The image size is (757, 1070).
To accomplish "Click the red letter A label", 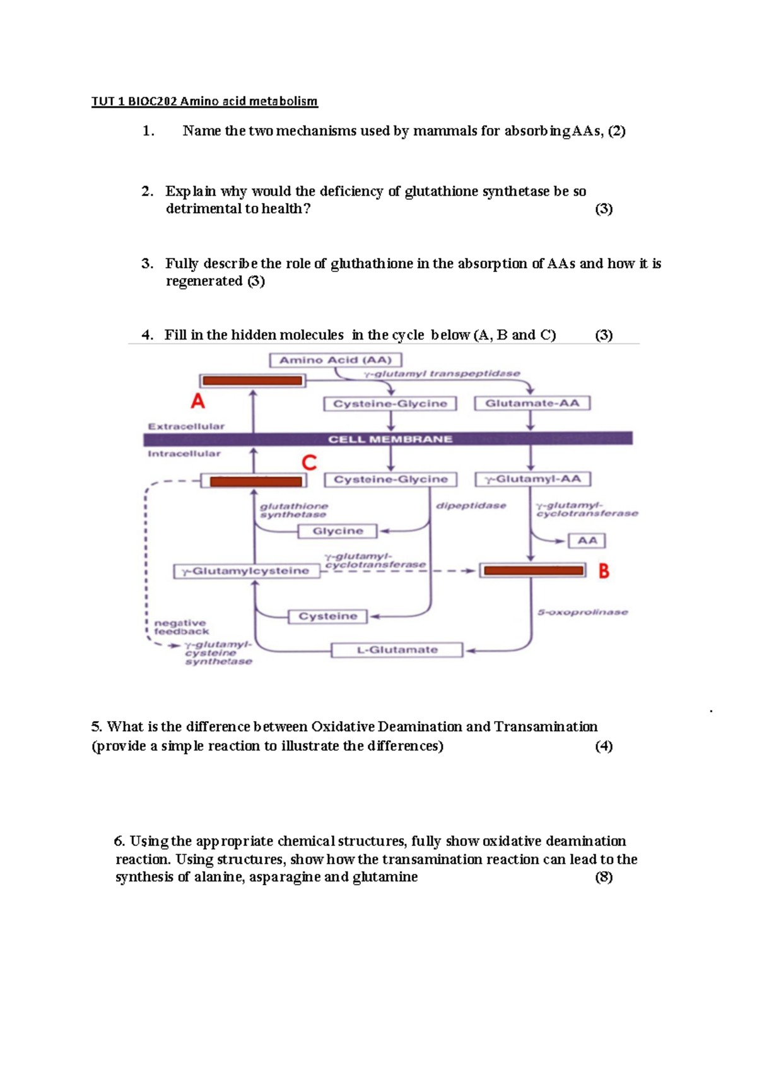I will pos(198,401).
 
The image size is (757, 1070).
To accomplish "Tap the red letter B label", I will pos(604,571).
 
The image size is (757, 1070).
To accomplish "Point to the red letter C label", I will pos(309,463).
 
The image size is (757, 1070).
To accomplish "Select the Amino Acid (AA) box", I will pos(336,360).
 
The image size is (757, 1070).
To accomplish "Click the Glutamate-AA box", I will pos(532,403).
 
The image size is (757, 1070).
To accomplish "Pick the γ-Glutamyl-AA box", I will pos(532,479).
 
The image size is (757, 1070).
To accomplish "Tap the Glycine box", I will pos(337,531).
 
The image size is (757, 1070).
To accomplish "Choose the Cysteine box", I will pos(327,616).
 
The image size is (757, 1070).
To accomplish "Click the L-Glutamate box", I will pos(397,650).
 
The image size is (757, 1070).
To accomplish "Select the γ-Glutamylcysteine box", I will pos(246,571).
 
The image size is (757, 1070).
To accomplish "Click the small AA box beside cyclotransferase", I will pos(587,541).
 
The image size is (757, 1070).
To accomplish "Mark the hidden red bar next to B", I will pos(533,571).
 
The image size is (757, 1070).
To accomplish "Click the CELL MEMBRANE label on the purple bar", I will pos(390,439).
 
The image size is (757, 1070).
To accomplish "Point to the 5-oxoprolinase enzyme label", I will pos(582,612).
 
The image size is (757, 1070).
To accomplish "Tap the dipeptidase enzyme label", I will pos(471,506).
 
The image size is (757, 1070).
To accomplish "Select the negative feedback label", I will pos(180,627).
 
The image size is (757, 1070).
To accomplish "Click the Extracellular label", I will pos(186,426).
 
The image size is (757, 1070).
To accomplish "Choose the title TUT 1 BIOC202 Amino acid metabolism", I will pos(204,101).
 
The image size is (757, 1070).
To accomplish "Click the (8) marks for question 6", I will pos(604,877).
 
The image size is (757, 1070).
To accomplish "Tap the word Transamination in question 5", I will pos(545,727).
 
